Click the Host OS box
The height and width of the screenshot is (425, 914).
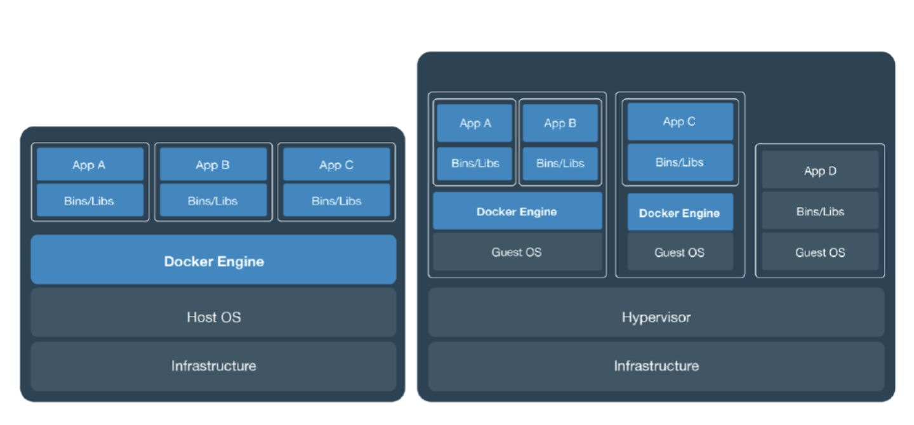(x=213, y=317)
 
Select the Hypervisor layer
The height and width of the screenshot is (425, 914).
(x=656, y=317)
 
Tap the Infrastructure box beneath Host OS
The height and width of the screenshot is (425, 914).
(x=213, y=366)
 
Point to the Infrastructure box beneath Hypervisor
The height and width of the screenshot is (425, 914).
(x=656, y=366)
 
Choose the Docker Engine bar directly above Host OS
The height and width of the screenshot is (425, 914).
(x=213, y=261)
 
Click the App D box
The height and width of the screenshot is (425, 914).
(x=819, y=171)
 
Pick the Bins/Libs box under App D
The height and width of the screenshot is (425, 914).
(x=819, y=211)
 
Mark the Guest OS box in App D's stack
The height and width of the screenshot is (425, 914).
(x=819, y=252)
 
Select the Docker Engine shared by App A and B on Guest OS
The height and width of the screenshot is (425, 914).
(x=517, y=211)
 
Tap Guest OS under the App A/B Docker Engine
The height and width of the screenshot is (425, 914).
(x=517, y=252)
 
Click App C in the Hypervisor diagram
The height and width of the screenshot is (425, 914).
(x=680, y=121)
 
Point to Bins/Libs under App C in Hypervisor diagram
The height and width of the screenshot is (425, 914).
(x=680, y=162)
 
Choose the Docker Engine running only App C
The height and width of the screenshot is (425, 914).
(x=680, y=213)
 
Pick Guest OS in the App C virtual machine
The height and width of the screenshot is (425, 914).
(x=680, y=252)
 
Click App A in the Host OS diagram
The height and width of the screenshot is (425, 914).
(x=89, y=165)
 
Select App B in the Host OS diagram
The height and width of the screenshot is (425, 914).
(x=213, y=165)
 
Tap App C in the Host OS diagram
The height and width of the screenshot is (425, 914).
(x=336, y=165)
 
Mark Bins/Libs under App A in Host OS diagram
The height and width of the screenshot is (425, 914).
(x=89, y=200)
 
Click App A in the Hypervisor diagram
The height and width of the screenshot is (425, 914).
(x=475, y=123)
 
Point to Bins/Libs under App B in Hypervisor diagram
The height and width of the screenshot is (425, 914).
(x=560, y=163)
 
